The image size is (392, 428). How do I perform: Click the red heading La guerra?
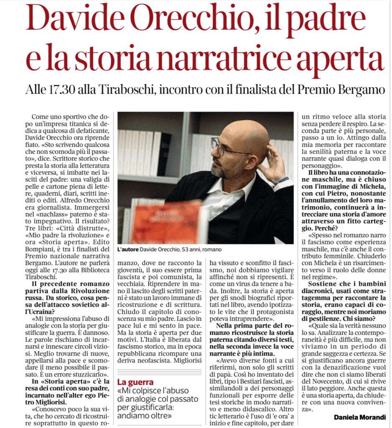[x=135, y=382]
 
